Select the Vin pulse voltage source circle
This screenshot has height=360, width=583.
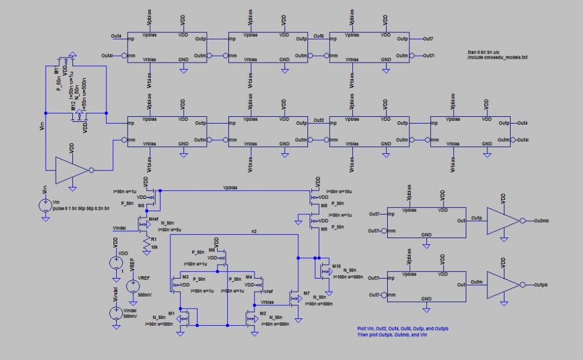tap(46, 205)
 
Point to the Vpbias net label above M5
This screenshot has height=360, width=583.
tap(230, 187)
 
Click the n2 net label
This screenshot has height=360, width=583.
tap(254, 231)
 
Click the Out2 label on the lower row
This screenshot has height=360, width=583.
tap(319, 120)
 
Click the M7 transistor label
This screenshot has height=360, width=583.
tap(306, 293)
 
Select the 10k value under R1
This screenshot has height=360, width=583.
tap(154, 247)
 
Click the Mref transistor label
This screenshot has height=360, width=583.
tap(153, 219)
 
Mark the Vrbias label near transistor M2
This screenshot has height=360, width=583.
tap(267, 302)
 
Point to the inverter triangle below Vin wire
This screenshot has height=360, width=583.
tap(71, 170)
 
